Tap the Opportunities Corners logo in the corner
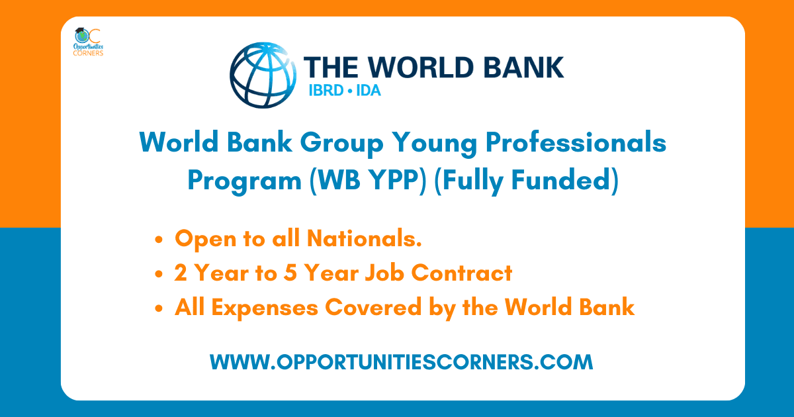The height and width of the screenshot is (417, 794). coord(88,42)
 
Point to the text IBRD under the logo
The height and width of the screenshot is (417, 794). coord(326,90)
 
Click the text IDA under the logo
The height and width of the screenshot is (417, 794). coord(368,90)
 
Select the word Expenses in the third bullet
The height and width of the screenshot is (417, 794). coord(268,308)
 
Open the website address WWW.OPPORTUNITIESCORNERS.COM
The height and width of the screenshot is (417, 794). coord(401,362)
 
